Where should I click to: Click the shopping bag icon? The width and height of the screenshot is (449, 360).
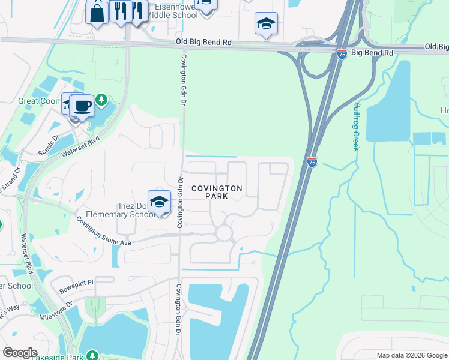97,12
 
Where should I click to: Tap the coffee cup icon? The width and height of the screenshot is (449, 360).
83,107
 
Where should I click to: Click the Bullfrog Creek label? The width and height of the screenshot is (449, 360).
355,126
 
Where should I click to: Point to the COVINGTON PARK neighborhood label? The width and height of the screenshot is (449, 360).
217,192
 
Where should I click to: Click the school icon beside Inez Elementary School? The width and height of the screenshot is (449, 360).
159,202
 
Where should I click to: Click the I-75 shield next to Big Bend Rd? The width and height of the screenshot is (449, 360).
341,53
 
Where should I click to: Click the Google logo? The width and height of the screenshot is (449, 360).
20,353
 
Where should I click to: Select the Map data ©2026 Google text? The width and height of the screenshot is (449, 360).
411,355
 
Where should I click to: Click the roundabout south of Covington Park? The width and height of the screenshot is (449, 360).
224,232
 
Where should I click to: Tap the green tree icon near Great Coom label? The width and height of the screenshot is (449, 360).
101,99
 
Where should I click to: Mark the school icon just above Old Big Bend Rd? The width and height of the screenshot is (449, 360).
266,24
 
